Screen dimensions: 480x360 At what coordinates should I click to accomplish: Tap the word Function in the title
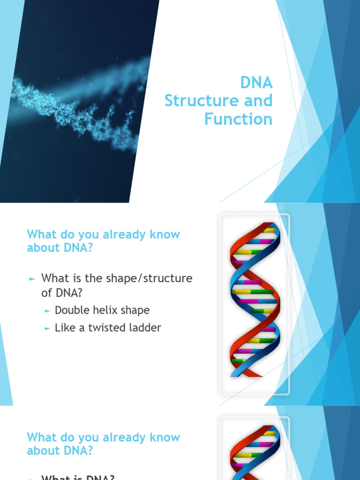238,119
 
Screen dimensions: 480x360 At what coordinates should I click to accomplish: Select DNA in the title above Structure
256,82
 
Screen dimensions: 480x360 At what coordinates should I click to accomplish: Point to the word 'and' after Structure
257,101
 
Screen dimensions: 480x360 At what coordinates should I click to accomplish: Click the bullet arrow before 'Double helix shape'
47,311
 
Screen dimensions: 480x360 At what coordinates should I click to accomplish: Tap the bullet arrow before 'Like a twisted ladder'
47,329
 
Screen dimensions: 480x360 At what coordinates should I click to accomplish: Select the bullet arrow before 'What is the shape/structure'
32,279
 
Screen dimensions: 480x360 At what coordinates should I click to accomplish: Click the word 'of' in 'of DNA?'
46,293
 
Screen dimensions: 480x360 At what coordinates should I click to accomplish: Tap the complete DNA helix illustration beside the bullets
255,300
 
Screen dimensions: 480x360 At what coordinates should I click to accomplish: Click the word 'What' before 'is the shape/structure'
54,278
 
